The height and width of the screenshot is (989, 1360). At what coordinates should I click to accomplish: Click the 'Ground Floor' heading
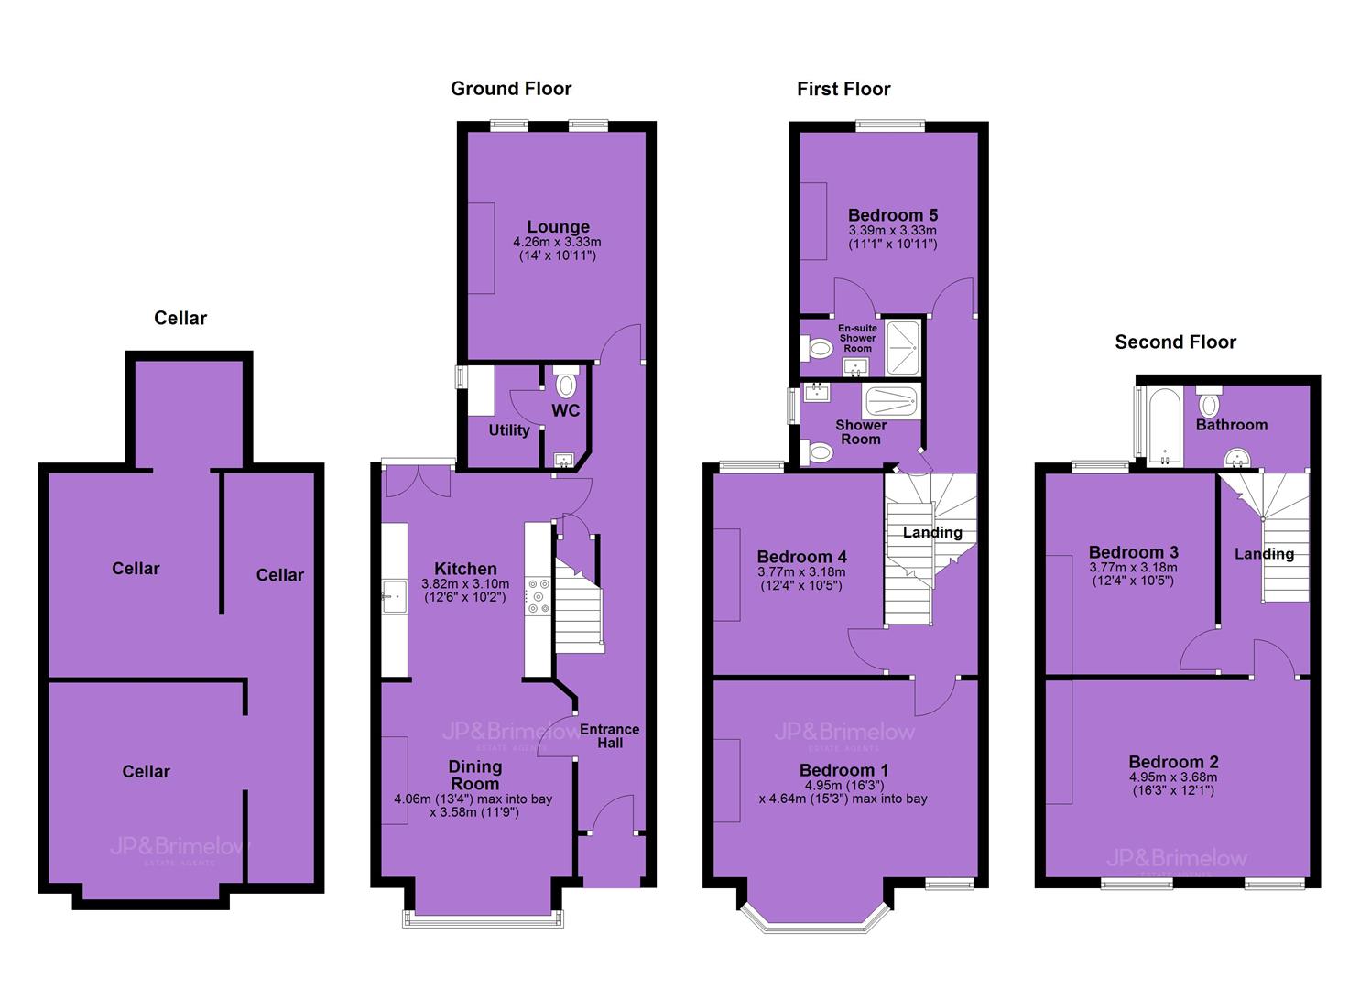[511, 89]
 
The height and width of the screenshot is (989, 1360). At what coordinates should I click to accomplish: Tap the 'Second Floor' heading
[1175, 342]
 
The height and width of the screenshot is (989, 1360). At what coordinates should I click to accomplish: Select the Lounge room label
[558, 226]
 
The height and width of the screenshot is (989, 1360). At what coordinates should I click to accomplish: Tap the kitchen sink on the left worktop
[394, 597]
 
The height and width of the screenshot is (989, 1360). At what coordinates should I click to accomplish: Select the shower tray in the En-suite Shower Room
[903, 347]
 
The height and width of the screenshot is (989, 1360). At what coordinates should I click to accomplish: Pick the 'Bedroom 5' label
[893, 215]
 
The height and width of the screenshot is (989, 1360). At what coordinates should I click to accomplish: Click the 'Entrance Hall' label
[610, 736]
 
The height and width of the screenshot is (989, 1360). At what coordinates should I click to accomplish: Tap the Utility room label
[509, 429]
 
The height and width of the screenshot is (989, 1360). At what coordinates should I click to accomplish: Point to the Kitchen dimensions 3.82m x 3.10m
[465, 591]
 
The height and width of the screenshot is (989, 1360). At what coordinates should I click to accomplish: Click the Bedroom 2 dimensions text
[1173, 784]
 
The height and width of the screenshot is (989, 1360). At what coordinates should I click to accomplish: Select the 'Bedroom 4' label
[801, 557]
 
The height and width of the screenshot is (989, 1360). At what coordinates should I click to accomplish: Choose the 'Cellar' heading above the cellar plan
[180, 318]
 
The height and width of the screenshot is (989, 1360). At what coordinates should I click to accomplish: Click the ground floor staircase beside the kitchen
[580, 606]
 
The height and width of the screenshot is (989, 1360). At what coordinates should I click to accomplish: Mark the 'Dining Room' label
[474, 775]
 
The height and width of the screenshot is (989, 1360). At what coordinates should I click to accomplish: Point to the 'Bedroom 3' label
[1133, 552]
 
